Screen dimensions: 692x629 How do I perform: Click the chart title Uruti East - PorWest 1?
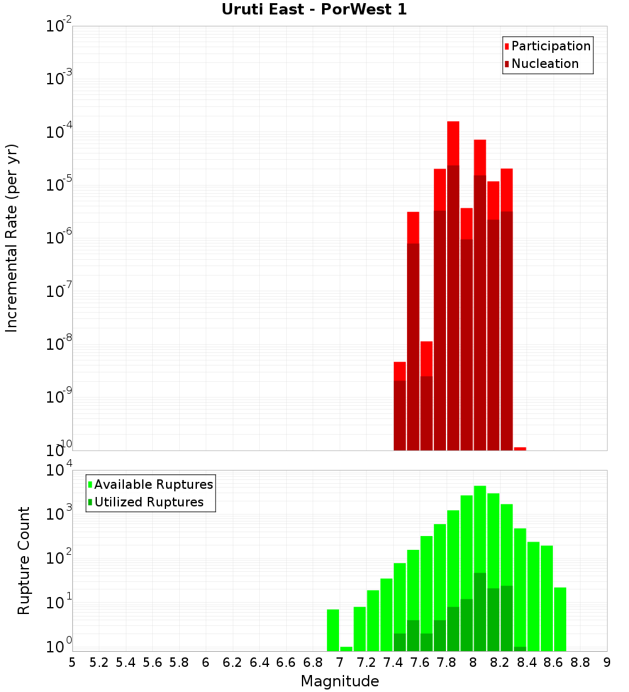tap(314, 10)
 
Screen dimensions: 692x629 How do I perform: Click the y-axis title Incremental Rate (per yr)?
tap(12, 238)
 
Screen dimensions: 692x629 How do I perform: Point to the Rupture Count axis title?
tap(24, 561)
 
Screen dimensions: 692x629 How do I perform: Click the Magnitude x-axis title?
tap(340, 681)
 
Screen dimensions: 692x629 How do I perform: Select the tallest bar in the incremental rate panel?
tap(453, 283)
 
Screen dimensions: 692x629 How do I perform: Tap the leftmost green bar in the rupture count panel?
tap(333, 630)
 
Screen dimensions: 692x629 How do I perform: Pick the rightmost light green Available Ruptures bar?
tap(560, 619)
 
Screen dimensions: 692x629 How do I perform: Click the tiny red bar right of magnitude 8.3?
tap(520, 449)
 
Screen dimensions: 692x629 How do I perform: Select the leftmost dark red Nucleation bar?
tap(399, 415)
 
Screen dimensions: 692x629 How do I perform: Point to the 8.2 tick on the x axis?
tap(500, 662)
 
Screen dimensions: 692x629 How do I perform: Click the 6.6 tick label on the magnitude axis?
tap(286, 662)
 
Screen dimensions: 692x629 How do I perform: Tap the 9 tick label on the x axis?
tap(607, 662)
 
